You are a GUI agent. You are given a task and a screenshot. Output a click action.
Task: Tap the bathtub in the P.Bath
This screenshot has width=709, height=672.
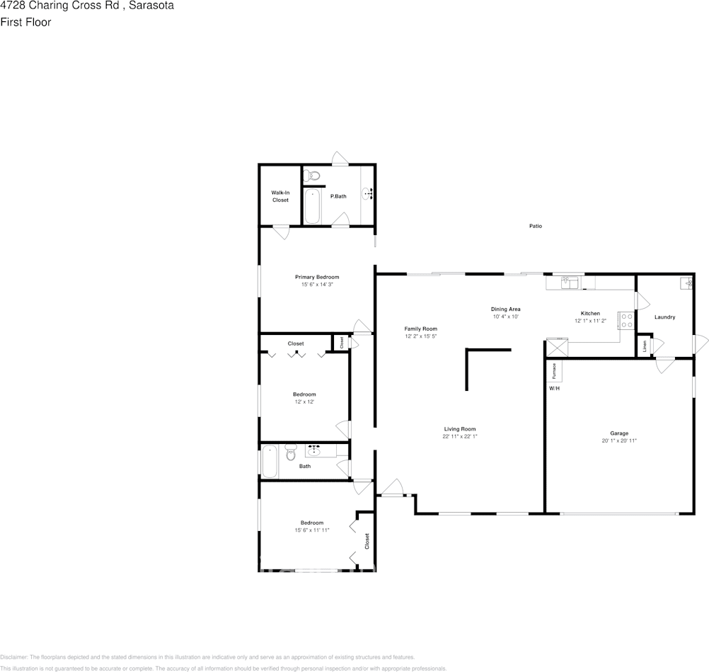coord(313,205)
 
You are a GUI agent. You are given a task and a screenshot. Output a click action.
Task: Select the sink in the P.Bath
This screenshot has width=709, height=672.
coord(369,193)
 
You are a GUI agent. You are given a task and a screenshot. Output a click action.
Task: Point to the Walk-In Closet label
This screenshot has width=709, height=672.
coord(281,196)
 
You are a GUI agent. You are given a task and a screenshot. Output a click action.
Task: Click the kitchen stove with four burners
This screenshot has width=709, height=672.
coord(626,321)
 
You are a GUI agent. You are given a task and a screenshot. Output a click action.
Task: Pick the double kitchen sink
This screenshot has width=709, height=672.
coord(570,283)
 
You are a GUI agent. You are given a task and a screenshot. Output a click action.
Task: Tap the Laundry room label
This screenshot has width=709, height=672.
coord(664,317)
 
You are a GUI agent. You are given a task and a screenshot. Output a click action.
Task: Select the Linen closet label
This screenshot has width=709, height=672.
coord(645,347)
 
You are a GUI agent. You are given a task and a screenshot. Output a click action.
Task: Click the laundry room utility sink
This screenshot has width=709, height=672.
coord(686,283)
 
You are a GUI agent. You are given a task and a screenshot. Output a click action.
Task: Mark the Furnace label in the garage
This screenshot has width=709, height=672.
coord(555,370)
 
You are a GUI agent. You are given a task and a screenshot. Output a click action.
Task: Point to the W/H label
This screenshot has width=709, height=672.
coord(553,389)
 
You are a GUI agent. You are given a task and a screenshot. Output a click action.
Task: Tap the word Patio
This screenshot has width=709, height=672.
coord(536,226)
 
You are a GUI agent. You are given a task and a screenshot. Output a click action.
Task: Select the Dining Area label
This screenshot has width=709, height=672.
coord(506,309)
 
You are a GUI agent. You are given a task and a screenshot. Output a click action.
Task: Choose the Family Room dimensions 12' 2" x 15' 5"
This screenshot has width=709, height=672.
coord(421,336)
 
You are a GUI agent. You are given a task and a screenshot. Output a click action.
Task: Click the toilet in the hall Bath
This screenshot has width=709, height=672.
coord(290,452)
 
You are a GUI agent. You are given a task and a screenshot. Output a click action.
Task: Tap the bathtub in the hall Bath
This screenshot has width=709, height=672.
coord(269,461)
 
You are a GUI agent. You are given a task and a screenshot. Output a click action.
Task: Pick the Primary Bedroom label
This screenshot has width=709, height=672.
coord(317,277)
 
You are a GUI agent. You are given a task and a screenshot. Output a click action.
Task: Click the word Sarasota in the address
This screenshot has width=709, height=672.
coord(151,6)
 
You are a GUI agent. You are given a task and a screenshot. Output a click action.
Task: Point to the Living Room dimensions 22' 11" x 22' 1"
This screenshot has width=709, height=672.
coord(460,436)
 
